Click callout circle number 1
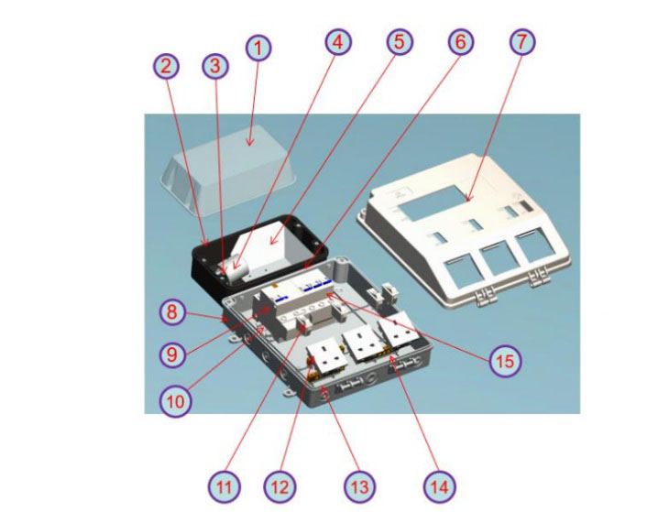[x=258, y=48]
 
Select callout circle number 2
[x=166, y=66]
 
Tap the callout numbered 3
[x=215, y=66]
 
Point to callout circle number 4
[x=338, y=42]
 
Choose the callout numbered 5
[x=400, y=42]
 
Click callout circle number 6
[x=461, y=42]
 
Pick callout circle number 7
[x=522, y=42]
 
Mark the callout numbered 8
[x=172, y=312]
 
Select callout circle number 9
[x=172, y=354]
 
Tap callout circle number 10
[x=176, y=401]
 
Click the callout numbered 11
[x=225, y=487]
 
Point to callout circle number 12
[x=280, y=487]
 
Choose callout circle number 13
[x=359, y=487]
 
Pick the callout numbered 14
[x=440, y=487]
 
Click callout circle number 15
[x=505, y=361]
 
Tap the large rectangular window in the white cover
[x=433, y=203]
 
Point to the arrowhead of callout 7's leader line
[x=467, y=200]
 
